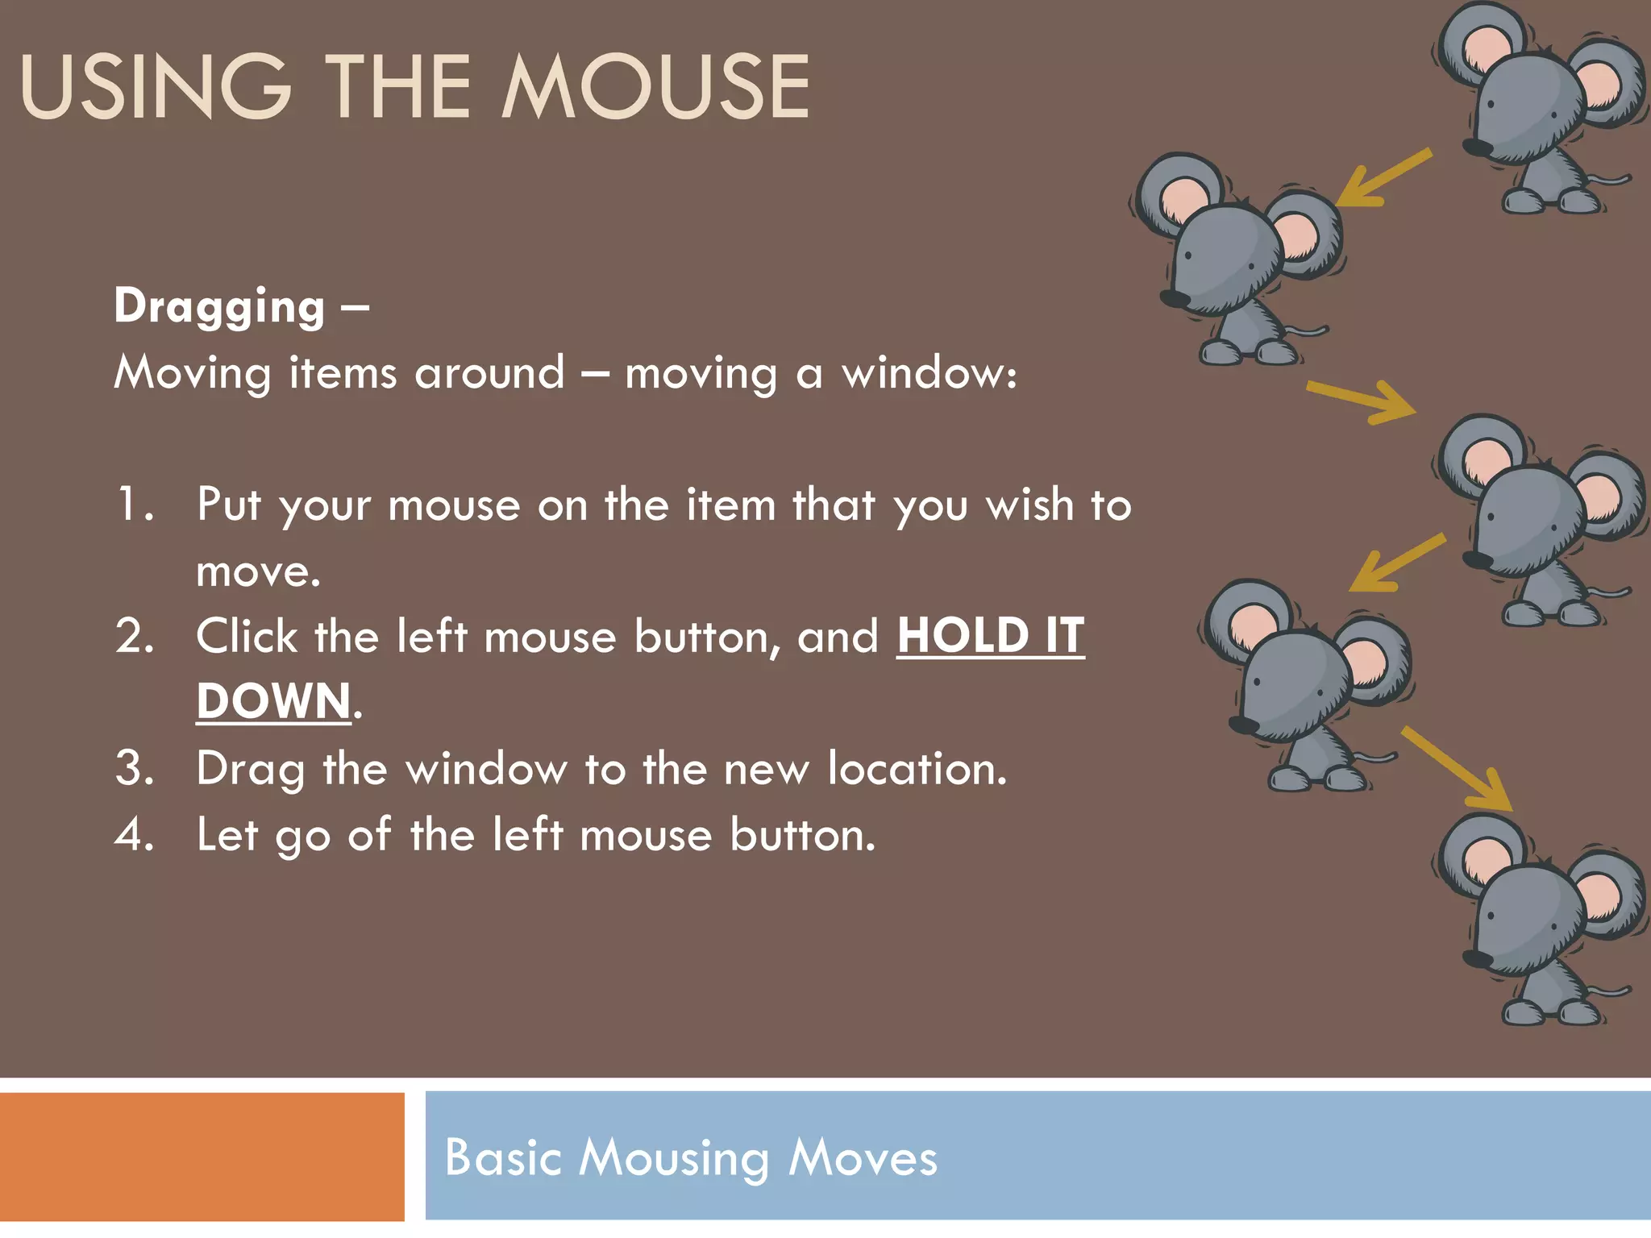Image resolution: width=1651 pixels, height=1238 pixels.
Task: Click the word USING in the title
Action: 156,87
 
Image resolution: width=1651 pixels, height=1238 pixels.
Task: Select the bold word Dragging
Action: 219,307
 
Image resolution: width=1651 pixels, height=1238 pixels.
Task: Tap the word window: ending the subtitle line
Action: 929,373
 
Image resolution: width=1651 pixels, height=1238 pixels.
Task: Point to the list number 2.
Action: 135,637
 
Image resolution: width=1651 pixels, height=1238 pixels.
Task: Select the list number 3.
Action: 135,768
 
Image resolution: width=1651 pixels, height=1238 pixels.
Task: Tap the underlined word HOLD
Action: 963,636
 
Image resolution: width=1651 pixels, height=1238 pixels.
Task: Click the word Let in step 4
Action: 227,834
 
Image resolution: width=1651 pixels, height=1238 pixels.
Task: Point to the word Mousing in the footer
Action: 674,1159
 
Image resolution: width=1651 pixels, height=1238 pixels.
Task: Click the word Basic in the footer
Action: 502,1157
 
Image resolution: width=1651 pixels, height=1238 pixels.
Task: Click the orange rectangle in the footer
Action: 202,1157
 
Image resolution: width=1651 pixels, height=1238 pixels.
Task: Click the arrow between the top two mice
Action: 1383,178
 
